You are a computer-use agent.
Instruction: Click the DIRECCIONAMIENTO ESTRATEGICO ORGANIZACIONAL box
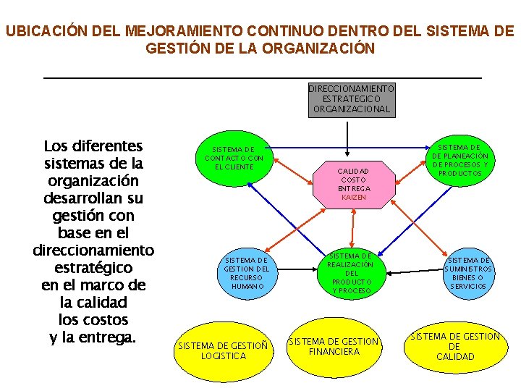(x=352, y=99)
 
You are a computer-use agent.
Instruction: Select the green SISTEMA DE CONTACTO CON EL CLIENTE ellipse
(x=234, y=158)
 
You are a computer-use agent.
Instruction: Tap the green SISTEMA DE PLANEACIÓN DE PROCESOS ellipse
(x=459, y=161)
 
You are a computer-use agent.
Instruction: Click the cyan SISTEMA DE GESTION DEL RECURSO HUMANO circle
(x=247, y=273)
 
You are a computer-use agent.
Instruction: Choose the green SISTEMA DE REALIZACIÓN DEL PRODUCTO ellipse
(x=352, y=272)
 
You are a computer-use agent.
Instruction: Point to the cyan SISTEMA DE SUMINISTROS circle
(x=468, y=273)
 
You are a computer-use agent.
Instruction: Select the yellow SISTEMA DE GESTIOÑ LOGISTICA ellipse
(x=223, y=350)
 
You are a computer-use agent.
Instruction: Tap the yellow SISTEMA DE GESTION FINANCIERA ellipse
(x=334, y=346)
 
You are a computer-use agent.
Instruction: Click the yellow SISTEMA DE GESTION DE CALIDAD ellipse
(x=455, y=346)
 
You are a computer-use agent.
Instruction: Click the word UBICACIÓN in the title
(x=45, y=32)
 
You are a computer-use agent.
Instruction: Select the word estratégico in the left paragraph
(x=93, y=267)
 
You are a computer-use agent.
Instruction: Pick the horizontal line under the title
(x=262, y=77)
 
